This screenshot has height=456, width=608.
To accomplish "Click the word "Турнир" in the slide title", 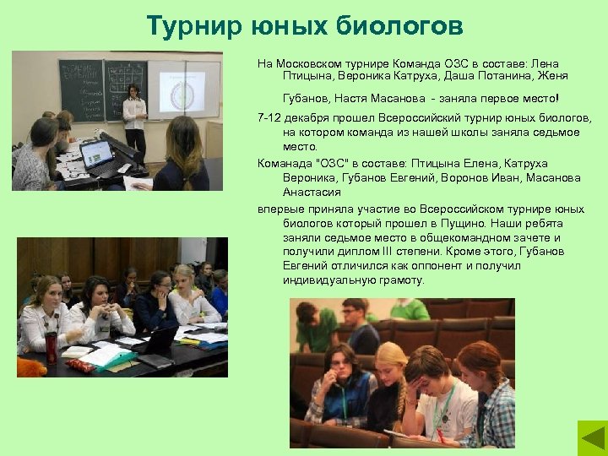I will [190, 26].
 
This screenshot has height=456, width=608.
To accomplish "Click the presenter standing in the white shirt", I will [133, 118].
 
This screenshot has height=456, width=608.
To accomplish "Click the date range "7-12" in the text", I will [269, 118].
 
